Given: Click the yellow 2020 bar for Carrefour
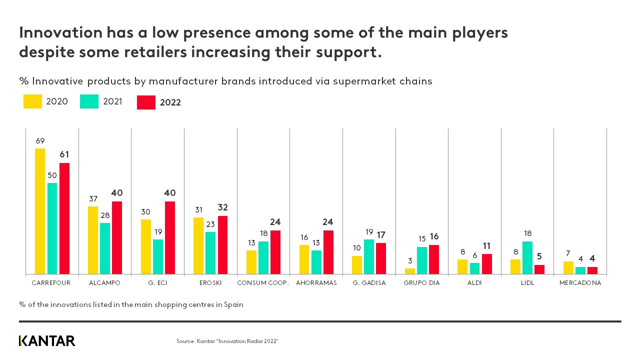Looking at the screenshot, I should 40,211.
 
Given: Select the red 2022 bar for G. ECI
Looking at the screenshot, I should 170,237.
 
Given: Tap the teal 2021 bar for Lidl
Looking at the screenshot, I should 527,257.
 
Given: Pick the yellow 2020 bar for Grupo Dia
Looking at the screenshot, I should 410,271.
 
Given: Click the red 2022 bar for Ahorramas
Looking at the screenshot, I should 328,252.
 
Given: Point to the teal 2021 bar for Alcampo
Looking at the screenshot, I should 105,248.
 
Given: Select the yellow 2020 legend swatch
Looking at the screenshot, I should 32,101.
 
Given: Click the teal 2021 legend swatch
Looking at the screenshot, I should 89,101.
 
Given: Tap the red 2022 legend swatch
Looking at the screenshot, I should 146,102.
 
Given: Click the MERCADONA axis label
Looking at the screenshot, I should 580,283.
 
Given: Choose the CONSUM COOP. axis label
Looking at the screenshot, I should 263,283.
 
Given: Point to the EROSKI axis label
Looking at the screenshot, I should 210,283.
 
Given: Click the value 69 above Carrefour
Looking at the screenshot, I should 40,141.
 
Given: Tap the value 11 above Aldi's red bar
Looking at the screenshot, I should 487,246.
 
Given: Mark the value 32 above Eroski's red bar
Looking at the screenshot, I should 222,207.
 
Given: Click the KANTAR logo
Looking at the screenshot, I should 47,341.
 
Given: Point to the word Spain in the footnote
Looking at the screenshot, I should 233,304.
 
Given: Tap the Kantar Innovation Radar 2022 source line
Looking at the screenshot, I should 227,341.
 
